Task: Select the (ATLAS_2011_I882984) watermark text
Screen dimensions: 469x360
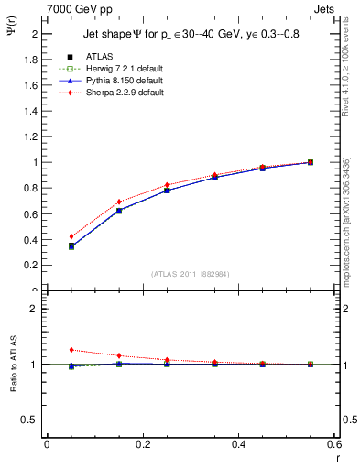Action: coord(190,275)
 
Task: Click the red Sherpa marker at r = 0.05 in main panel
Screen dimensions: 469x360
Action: coord(71,236)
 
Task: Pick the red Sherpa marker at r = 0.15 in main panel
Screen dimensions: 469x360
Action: coord(119,202)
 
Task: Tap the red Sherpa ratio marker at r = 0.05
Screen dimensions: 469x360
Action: coord(71,350)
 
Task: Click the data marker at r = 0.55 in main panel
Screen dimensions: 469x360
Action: coord(311,162)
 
